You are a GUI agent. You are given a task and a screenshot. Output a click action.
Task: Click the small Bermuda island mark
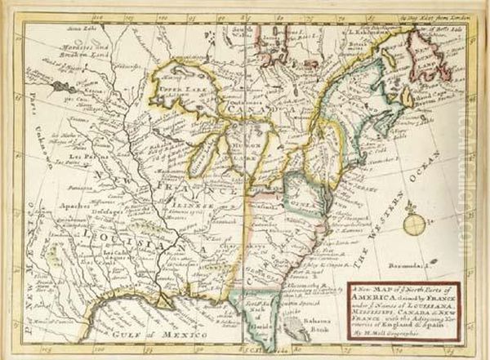pyautogui.click(x=430, y=266)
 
